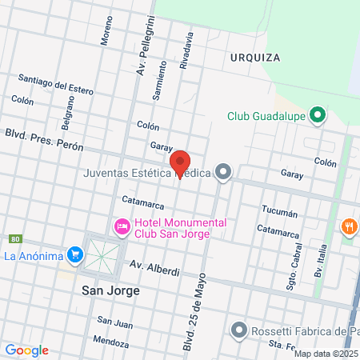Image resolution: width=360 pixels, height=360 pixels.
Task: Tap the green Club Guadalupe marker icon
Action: tap(318, 115)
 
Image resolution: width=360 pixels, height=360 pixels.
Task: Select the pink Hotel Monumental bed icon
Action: tap(122, 227)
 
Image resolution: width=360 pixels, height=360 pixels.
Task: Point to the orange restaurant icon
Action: tap(349, 226)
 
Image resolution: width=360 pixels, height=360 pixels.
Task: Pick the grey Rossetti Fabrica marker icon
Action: tap(238, 329)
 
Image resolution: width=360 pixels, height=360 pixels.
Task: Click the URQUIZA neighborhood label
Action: tap(254, 58)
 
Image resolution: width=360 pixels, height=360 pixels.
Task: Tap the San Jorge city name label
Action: tap(110, 291)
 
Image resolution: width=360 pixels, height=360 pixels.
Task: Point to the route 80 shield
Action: tap(15, 239)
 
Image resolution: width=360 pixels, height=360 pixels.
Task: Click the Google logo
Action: tap(26, 350)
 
